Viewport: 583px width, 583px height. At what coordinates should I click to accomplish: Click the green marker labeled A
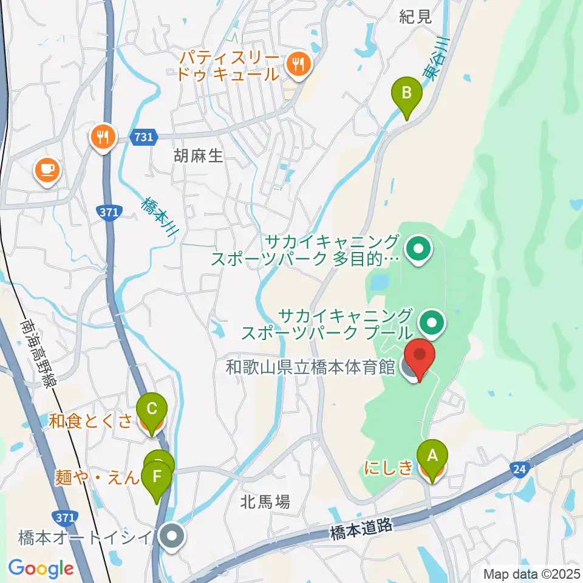coord(432,455)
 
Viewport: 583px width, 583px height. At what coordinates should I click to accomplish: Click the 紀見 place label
coord(416,16)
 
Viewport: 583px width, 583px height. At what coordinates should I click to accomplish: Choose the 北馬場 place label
coord(265,502)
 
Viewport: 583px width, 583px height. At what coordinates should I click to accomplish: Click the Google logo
coord(41,568)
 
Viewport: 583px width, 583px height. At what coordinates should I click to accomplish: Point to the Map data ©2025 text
coord(532,573)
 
